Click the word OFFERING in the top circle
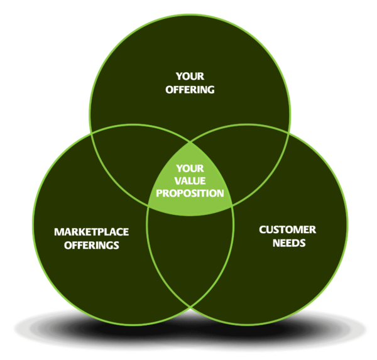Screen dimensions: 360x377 (x=190, y=90)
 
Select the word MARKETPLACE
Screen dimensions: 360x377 (x=92, y=232)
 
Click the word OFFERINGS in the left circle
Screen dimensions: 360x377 (x=92, y=245)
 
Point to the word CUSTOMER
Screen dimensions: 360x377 (x=288, y=230)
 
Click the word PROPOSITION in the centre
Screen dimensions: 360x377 (x=190, y=193)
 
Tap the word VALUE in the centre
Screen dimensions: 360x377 (x=190, y=180)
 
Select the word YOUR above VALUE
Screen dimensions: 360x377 (x=190, y=168)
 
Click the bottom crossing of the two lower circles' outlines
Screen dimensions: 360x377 (x=190, y=307)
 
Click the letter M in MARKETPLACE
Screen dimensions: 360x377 (x=58, y=232)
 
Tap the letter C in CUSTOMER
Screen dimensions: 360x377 (x=263, y=230)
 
